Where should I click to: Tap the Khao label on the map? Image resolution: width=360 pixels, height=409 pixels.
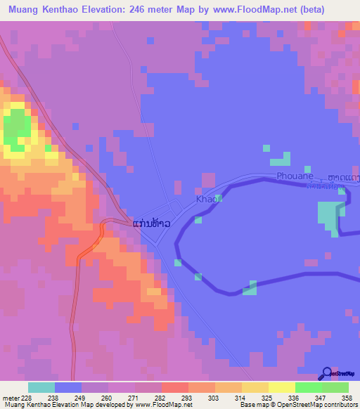(205, 201)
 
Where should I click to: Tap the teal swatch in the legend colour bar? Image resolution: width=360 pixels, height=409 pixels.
(41, 387)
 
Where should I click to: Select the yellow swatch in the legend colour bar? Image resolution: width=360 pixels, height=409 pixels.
(281, 387)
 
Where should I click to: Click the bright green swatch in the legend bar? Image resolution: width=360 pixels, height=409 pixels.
(308, 387)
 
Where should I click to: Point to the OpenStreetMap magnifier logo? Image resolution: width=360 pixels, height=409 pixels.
(327, 375)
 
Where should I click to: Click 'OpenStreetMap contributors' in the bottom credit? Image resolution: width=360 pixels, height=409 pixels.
(312, 405)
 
